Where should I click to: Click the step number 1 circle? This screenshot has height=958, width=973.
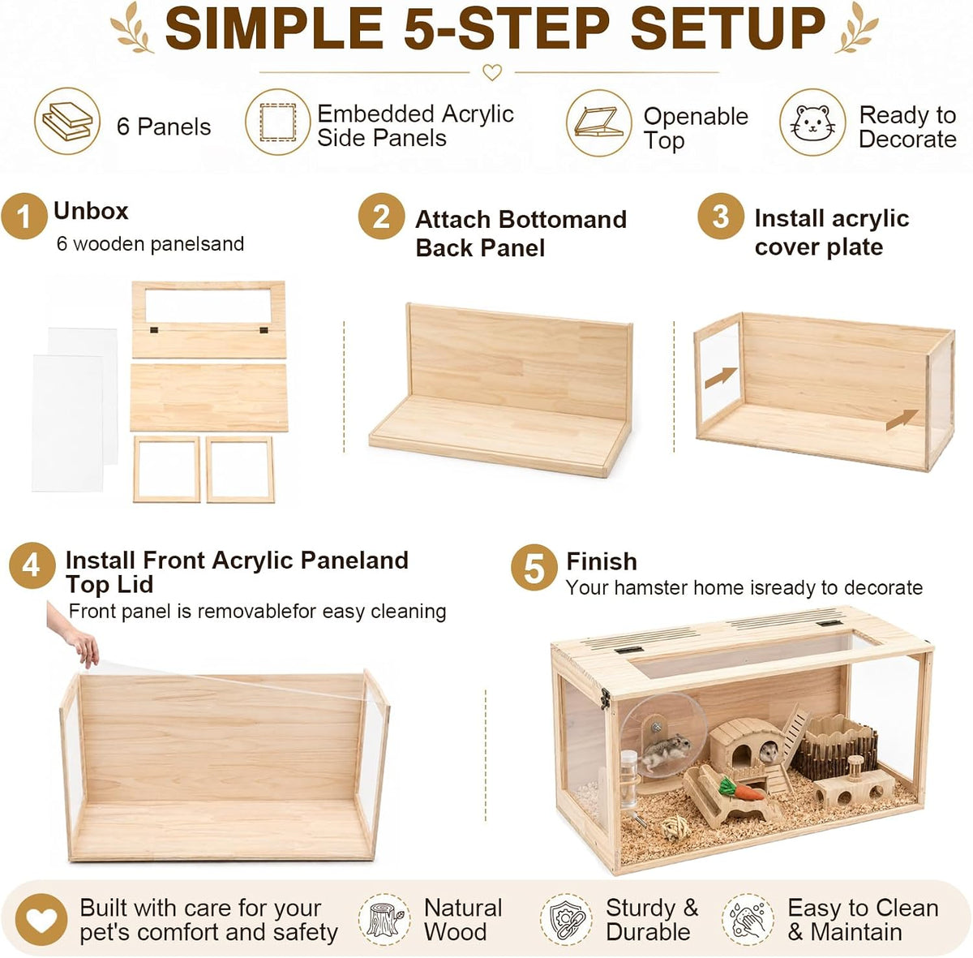(24, 217)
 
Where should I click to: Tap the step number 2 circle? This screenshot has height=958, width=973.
(381, 217)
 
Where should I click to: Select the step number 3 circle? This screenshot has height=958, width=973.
(721, 217)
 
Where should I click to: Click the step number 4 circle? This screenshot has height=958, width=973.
(32, 565)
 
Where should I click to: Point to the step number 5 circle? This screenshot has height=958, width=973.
(534, 568)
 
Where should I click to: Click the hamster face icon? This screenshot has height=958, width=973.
(812, 122)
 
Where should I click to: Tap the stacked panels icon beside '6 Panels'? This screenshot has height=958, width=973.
(67, 121)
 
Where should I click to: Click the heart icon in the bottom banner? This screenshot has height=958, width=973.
(41, 920)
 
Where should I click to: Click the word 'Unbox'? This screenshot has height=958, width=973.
(91, 211)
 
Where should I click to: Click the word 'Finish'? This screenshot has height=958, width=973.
(602, 561)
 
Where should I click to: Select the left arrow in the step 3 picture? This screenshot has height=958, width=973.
(721, 377)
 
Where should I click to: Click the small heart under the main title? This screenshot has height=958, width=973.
(492, 72)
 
